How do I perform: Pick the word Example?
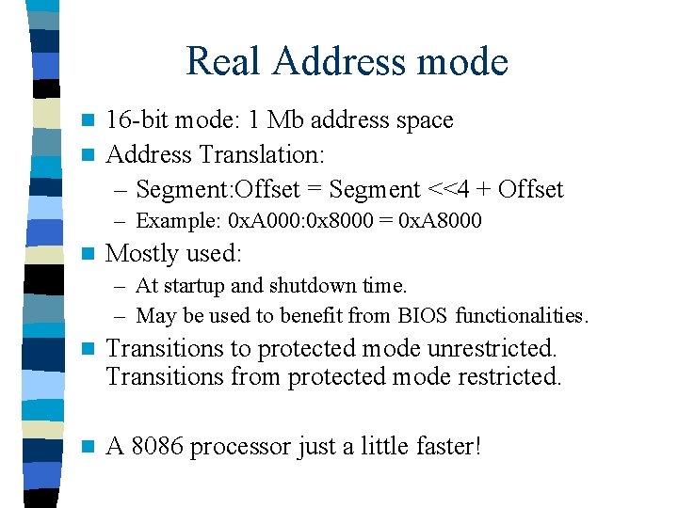click(178, 221)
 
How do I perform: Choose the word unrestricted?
click(492, 348)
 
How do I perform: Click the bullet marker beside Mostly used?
click(89, 254)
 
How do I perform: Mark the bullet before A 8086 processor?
click(89, 446)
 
